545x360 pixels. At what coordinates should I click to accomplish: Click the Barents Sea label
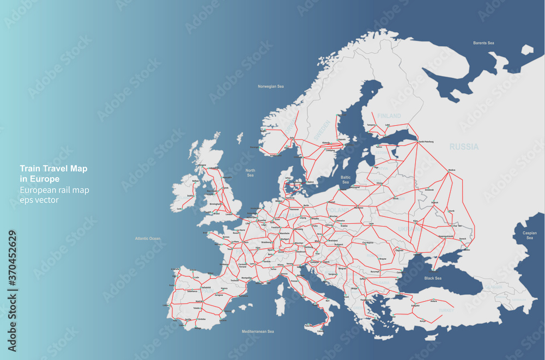coord(483,42)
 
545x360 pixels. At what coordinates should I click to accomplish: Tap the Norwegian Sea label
coord(271,86)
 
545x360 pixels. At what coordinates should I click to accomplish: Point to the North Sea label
coord(250,173)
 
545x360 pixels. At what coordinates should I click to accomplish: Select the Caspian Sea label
coord(530,235)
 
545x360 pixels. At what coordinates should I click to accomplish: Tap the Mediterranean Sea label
coord(258,331)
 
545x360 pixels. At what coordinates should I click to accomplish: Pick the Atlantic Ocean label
coord(148,238)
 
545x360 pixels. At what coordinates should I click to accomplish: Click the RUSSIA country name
coord(464,147)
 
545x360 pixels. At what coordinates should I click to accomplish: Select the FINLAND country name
coord(389,116)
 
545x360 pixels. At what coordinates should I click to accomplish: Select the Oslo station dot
coord(292,138)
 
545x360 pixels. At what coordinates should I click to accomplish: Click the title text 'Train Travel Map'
coord(53,169)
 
